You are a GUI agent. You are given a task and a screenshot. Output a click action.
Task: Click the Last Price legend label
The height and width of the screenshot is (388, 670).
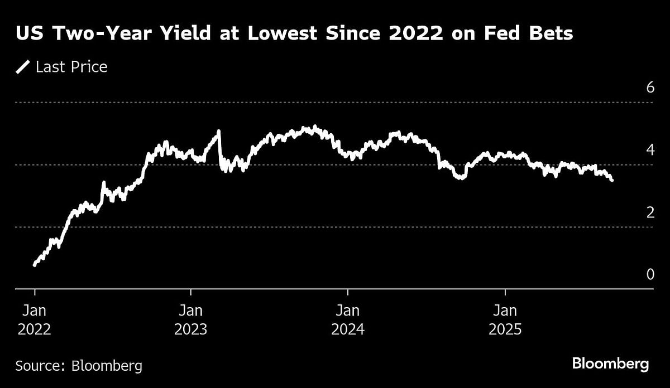coord(71,67)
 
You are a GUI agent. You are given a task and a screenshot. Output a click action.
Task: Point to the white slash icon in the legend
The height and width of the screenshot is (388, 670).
coord(23,67)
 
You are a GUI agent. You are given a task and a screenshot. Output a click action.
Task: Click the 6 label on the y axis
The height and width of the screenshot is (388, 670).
coord(650,88)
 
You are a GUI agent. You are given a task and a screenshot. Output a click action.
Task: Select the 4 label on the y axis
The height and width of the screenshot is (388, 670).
coord(650,150)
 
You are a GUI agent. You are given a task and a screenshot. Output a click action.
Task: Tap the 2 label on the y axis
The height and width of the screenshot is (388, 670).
coord(650,212)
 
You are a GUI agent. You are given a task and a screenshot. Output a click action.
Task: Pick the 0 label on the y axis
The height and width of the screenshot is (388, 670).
coord(650,274)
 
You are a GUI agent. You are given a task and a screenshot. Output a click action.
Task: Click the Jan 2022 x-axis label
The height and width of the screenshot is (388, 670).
coord(35,319)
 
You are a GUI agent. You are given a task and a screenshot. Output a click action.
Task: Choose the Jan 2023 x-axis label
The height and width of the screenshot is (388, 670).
coord(192,319)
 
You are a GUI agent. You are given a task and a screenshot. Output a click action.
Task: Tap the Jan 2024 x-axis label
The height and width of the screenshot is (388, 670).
coord(348,319)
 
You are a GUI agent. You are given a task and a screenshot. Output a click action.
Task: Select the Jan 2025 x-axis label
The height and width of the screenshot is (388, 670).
coord(505,319)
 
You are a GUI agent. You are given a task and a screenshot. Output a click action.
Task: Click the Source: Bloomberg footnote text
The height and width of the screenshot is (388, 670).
coord(79,366)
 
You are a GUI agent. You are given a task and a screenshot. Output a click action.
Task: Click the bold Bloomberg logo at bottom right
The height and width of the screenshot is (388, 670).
coord(610,365)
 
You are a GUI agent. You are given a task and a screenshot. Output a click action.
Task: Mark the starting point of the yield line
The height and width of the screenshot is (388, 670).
coord(35,265)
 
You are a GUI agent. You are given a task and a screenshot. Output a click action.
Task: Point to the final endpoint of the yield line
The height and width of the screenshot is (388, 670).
coord(612,180)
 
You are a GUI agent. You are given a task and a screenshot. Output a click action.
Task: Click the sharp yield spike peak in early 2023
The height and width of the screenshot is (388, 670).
coord(218,131)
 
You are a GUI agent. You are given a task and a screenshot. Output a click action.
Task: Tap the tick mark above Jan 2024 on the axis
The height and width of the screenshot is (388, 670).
coord(348,292)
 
